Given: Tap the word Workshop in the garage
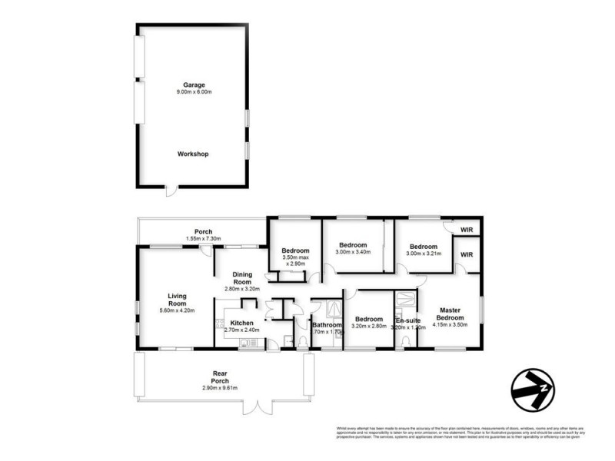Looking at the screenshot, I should tap(193, 154).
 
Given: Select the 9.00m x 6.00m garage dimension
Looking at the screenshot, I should tap(192, 93).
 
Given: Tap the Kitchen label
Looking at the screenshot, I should tap(242, 323).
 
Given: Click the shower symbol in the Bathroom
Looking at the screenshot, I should tap(334, 308).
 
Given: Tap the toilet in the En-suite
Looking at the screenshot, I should tap(405, 343).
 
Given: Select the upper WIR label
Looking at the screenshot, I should tap(467, 230).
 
